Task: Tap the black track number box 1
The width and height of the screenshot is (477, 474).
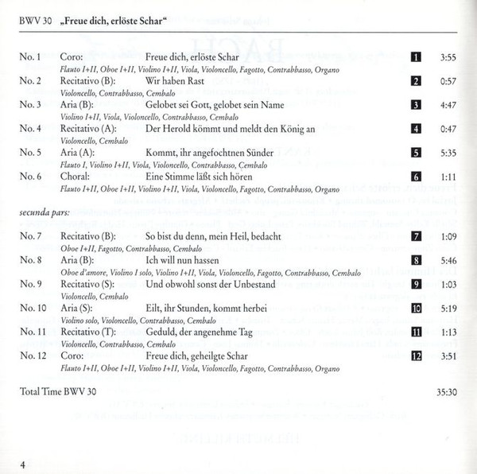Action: click(415, 58)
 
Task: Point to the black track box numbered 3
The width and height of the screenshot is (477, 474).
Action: click(415, 105)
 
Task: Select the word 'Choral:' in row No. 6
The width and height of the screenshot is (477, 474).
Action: click(76, 175)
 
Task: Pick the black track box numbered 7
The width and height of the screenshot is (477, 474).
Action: click(415, 237)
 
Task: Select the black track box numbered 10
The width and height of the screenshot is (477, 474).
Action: click(415, 307)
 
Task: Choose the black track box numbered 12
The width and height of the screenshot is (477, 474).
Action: click(415, 354)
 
